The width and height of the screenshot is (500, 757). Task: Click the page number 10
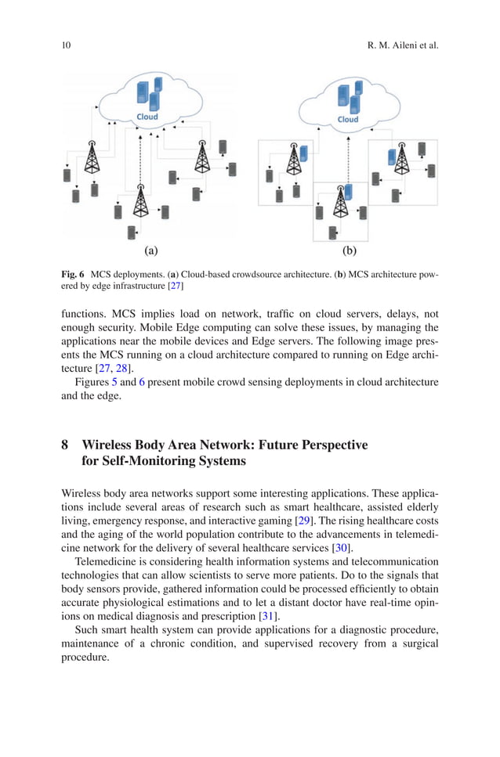(x=66, y=45)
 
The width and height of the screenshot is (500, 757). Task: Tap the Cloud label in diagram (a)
(x=147, y=117)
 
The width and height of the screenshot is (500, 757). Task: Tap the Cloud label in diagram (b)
(x=348, y=120)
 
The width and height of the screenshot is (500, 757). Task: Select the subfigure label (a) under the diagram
(x=151, y=251)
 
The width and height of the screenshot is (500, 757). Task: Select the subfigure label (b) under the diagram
(x=349, y=251)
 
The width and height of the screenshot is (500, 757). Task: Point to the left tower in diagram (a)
(x=92, y=160)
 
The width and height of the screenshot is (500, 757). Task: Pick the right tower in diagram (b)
(x=401, y=160)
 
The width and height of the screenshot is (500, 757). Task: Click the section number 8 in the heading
(x=65, y=445)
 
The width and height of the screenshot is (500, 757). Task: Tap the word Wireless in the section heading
(x=108, y=445)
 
